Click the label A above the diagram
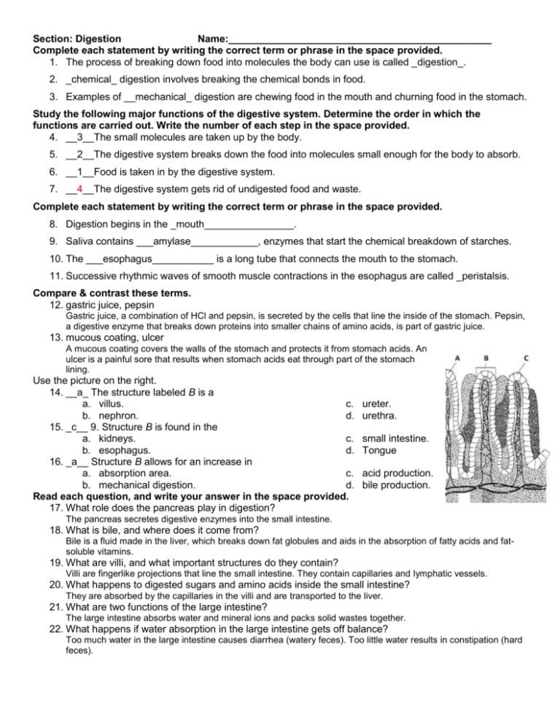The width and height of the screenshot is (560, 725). pyautogui.click(x=457, y=358)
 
